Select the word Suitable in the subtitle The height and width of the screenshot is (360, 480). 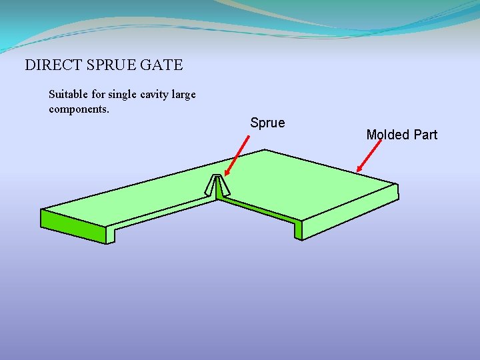(x=67, y=95)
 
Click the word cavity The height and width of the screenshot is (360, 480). (x=154, y=95)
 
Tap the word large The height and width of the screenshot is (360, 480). (x=184, y=95)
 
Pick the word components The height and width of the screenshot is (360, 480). (x=79, y=109)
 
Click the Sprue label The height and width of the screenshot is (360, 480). (x=267, y=123)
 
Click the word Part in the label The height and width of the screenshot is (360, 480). (x=425, y=135)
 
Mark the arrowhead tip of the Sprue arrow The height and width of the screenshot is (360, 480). (x=225, y=175)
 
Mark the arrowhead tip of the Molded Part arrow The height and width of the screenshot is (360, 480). (x=358, y=172)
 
